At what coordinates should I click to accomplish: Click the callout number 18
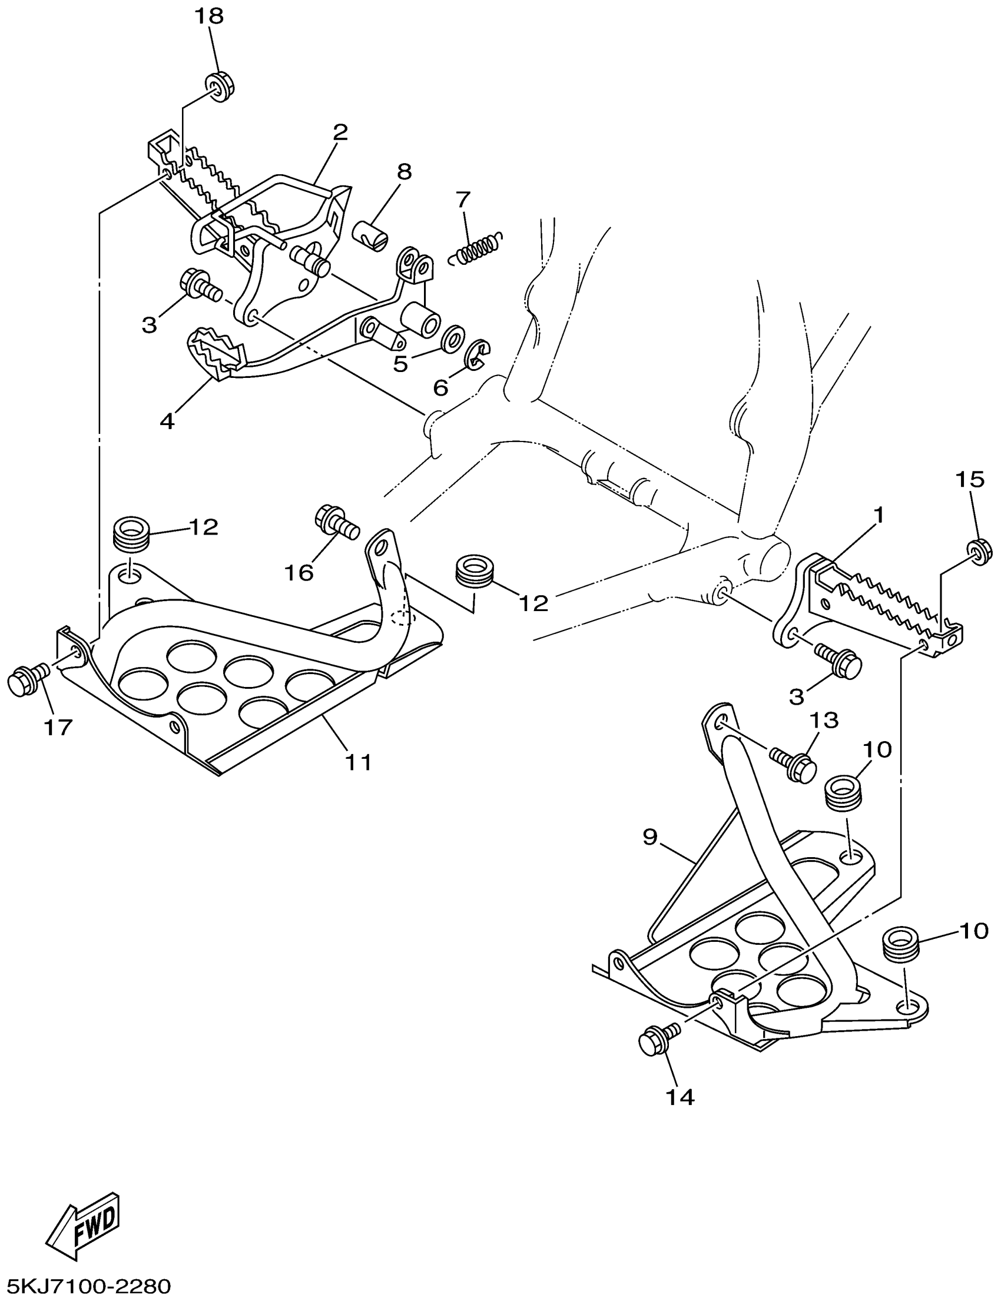point(208,16)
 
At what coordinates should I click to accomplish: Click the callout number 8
point(404,172)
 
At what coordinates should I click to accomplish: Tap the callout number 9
point(649,837)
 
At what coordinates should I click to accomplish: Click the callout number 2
point(340,132)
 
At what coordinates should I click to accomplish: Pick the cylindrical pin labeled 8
point(369,236)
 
